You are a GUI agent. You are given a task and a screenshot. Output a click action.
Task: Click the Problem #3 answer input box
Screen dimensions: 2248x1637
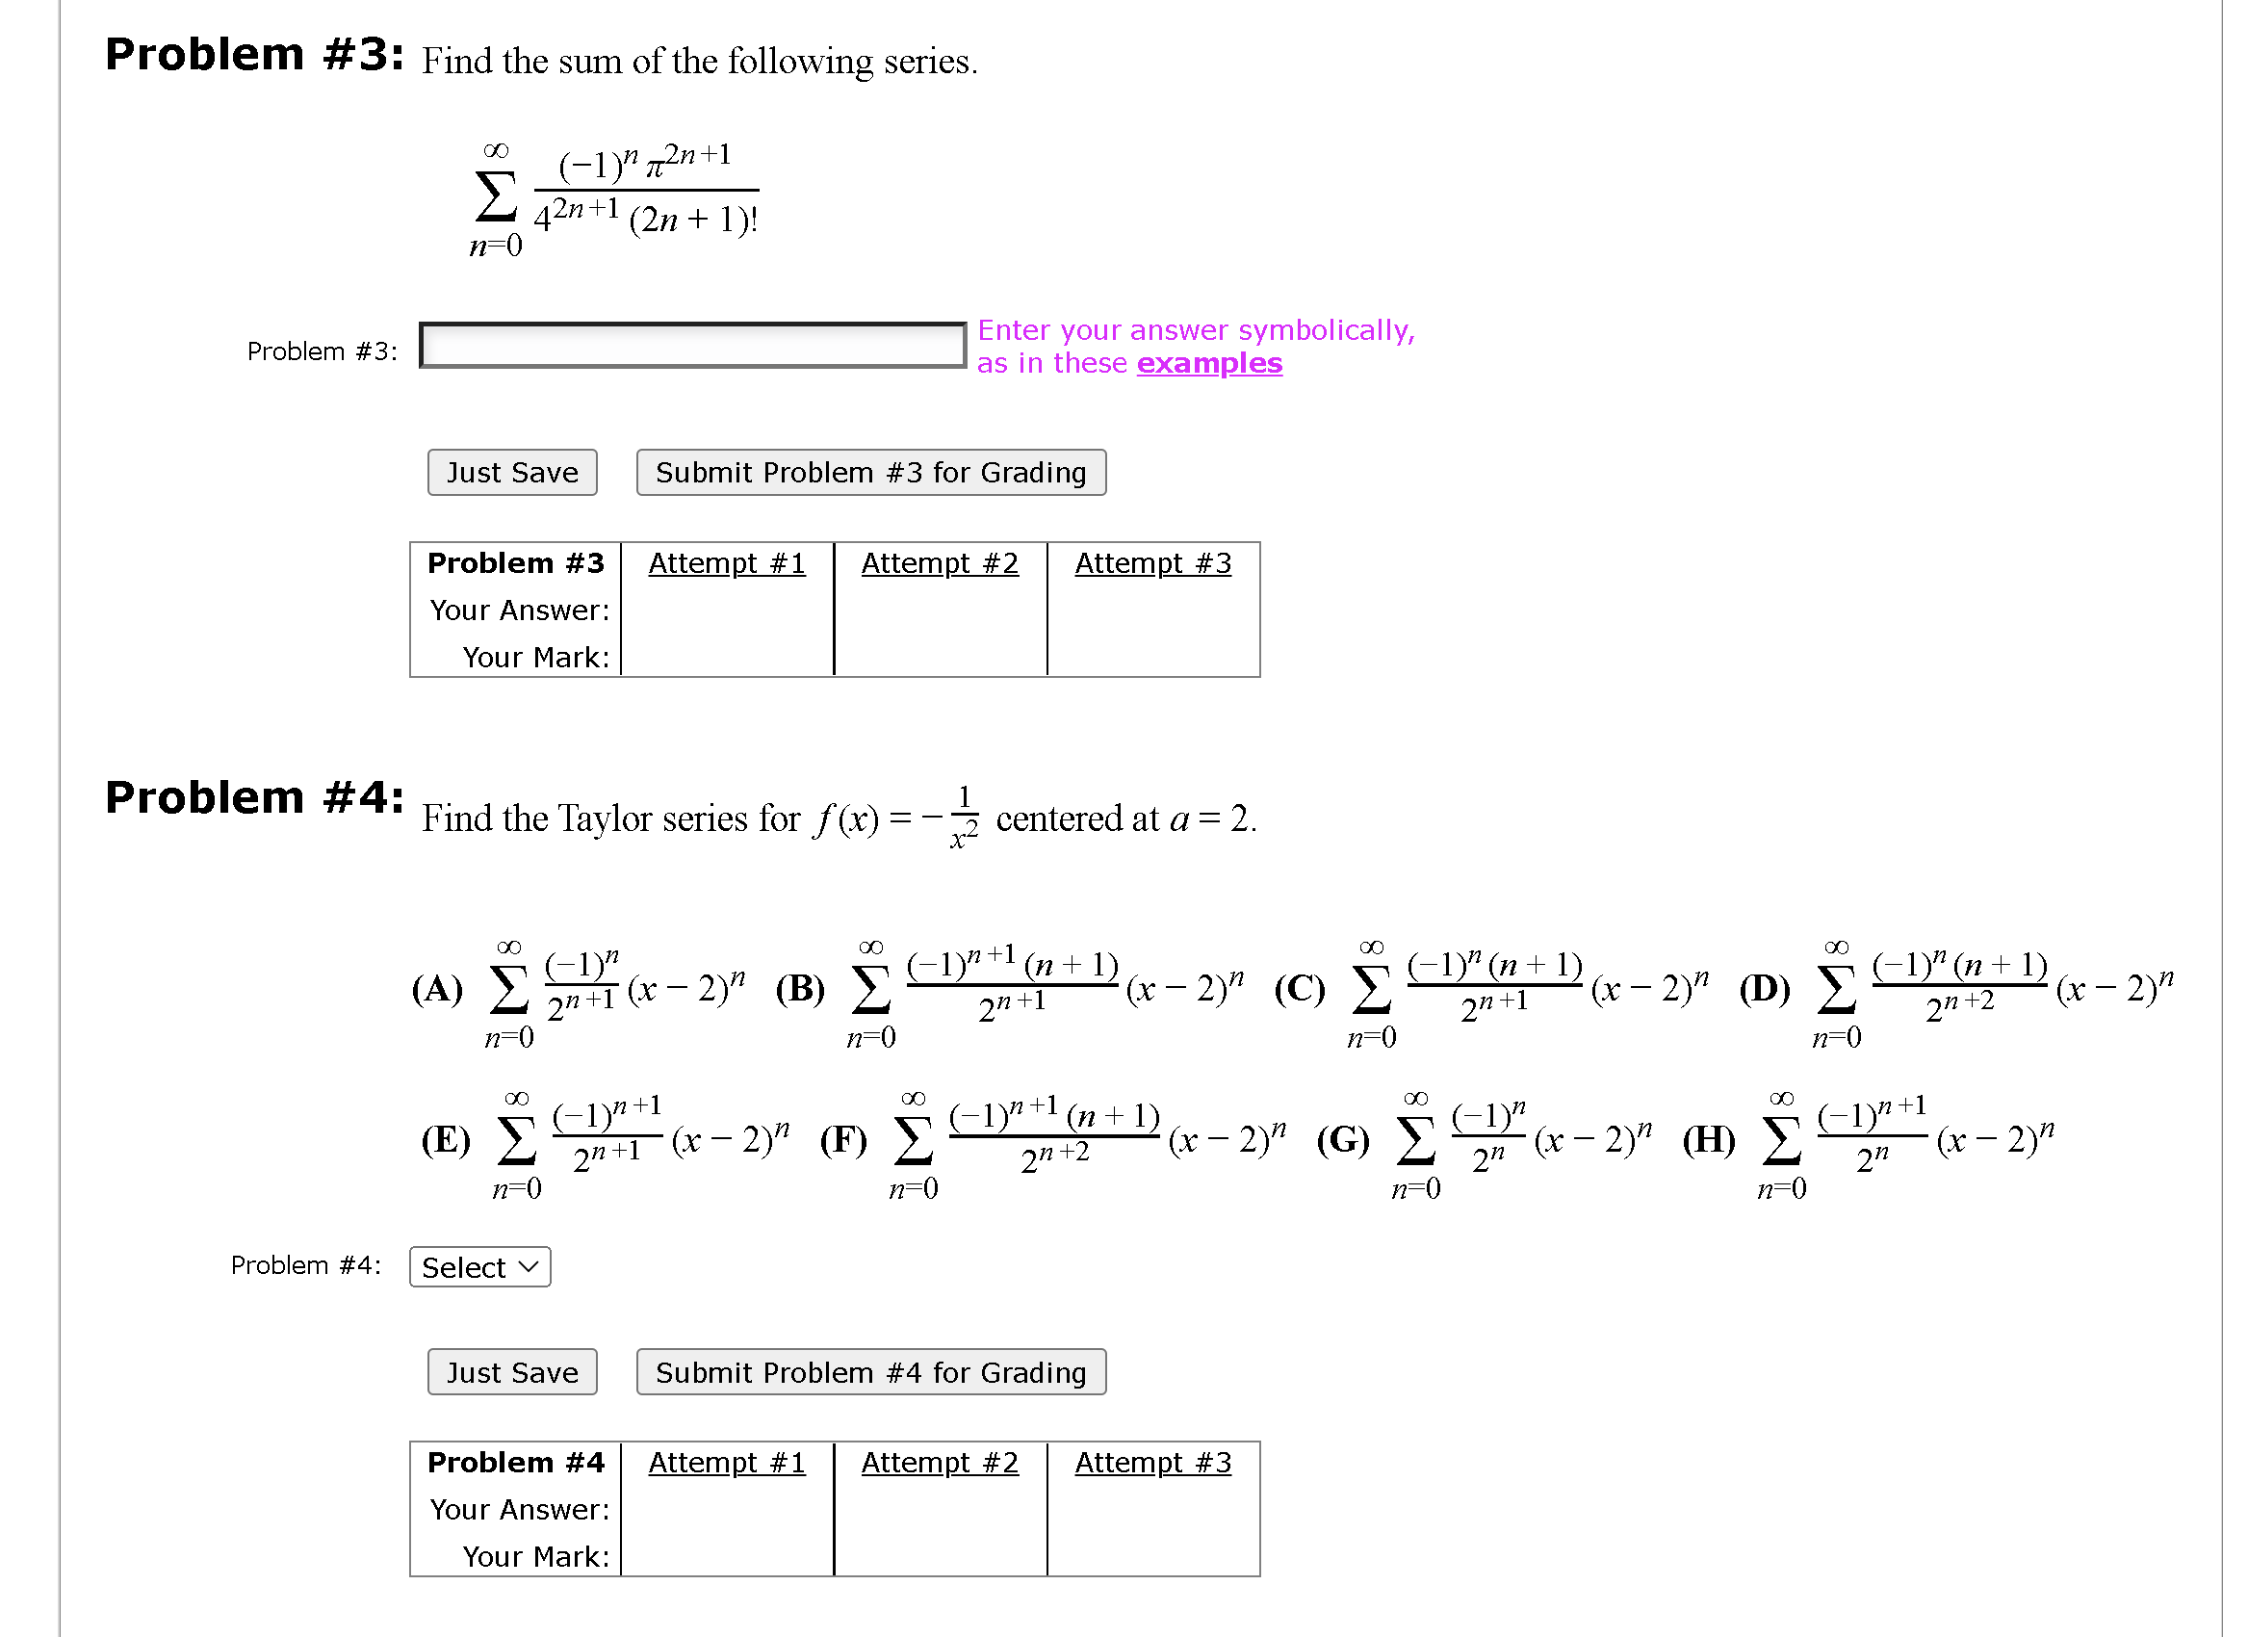pos(692,345)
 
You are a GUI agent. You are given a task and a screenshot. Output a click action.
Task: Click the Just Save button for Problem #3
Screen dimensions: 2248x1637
pos(511,472)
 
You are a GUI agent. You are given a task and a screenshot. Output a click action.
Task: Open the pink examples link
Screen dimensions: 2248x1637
pos(1208,363)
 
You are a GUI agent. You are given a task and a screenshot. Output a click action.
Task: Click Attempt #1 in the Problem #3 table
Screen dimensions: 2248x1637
pos(727,563)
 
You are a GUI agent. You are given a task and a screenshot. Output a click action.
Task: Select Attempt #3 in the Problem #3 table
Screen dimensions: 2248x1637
pos(1152,563)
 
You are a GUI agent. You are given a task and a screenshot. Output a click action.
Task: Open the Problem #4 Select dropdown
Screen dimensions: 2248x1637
pos(479,1267)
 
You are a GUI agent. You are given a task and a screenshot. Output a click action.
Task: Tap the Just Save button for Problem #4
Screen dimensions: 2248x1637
pos(511,1372)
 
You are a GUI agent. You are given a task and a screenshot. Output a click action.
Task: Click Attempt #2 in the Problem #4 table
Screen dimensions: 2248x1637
pos(939,1463)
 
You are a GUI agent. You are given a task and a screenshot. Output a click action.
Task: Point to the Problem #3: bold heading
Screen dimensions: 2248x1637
pos(255,55)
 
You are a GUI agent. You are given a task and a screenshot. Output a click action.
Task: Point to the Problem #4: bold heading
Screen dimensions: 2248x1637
pos(255,798)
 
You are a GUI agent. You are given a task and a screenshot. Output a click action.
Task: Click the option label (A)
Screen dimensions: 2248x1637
pos(437,989)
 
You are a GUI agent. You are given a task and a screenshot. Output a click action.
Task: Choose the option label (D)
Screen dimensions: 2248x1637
pos(1765,989)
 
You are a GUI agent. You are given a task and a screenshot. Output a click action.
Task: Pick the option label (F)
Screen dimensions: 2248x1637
pos(843,1140)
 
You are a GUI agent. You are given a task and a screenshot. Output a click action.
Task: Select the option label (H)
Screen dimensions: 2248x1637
pos(1709,1140)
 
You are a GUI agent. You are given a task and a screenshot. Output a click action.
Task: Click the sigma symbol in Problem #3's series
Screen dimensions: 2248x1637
pos(496,196)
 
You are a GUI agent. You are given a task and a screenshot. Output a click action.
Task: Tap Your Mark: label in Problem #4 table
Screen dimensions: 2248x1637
pos(535,1557)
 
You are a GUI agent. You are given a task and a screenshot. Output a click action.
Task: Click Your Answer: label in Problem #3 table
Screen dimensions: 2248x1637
pos(519,610)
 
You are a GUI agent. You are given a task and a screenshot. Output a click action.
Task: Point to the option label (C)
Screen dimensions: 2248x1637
pos(1300,989)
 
